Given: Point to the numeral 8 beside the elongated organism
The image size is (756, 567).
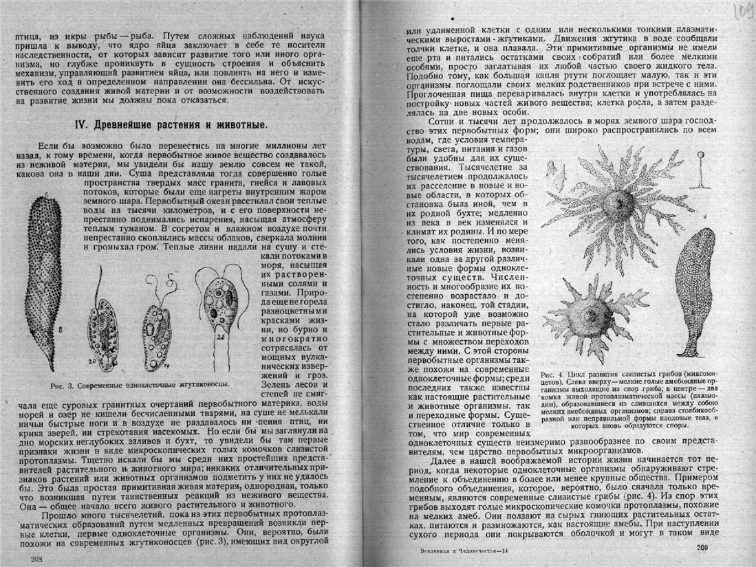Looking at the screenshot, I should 61,331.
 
